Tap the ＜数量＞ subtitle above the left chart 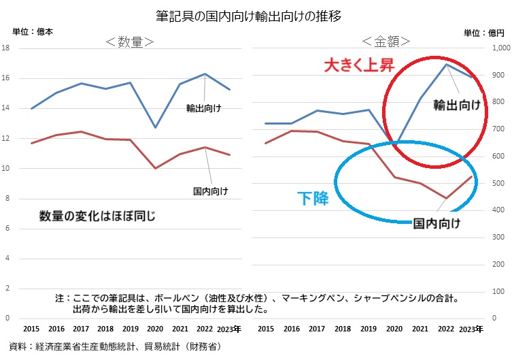point(129,42)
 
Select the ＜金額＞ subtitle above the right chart point(386,42)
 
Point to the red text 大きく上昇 point(358,66)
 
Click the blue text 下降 point(313,199)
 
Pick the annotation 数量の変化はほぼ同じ point(97,216)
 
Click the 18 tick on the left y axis point(5,48)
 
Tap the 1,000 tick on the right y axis point(500,48)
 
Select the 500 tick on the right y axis point(499,183)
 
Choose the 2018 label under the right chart point(343,329)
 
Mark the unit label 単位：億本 point(33,31)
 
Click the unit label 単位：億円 point(484,32)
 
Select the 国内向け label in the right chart point(438,223)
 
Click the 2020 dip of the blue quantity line point(156,127)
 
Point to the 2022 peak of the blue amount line point(446,65)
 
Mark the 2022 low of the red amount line point(446,199)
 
